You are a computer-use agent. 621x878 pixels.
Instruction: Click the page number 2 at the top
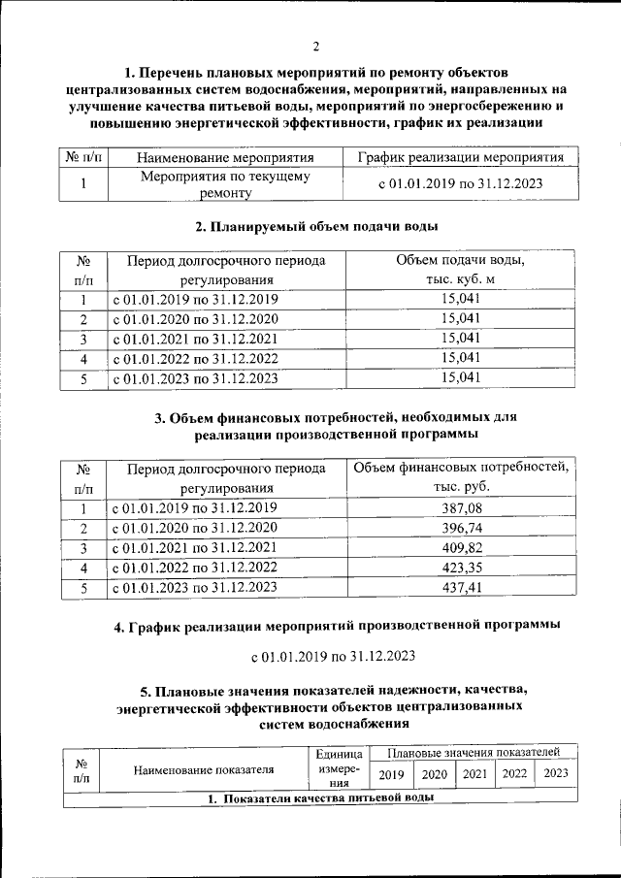point(315,46)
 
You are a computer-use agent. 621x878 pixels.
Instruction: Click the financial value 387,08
point(461,508)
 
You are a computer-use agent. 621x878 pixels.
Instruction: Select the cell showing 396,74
point(461,528)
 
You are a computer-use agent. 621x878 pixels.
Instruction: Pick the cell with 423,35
point(461,568)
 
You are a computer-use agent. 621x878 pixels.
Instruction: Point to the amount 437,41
point(461,587)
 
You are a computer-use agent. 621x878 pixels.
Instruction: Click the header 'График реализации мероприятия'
point(461,157)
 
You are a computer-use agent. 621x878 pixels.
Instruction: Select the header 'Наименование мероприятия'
point(225,157)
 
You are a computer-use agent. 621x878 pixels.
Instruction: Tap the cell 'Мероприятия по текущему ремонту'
point(225,184)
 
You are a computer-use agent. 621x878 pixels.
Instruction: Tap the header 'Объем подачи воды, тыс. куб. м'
point(461,270)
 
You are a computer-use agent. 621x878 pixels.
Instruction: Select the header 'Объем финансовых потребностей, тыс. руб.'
point(461,477)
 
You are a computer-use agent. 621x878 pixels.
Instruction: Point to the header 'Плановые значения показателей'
point(473,752)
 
